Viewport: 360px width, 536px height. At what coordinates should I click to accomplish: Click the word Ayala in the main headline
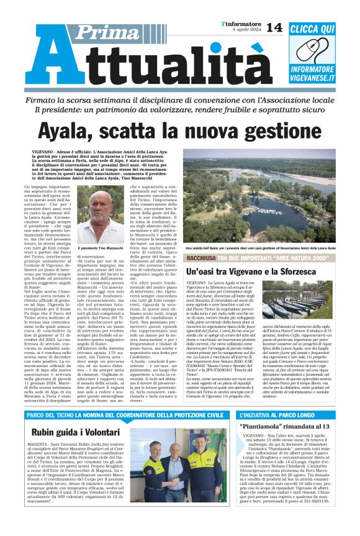coord(68,130)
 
